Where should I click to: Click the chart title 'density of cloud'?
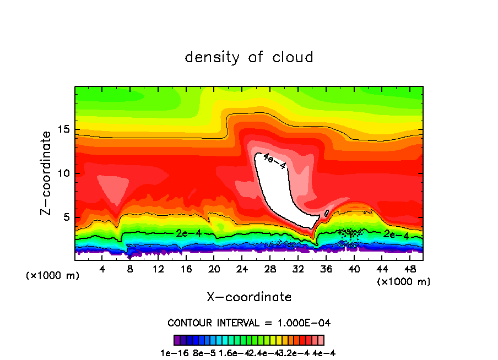[x=249, y=57]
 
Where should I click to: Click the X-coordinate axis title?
[x=249, y=297]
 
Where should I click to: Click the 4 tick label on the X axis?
[x=102, y=269]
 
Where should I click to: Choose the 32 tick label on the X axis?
[x=298, y=269]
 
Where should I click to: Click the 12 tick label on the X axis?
[x=158, y=269]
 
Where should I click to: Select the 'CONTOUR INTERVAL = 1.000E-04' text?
[x=249, y=323]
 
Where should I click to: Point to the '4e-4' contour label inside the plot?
[x=274, y=161]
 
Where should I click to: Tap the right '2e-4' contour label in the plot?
[x=396, y=234]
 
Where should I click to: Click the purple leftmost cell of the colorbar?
[x=177, y=340]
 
